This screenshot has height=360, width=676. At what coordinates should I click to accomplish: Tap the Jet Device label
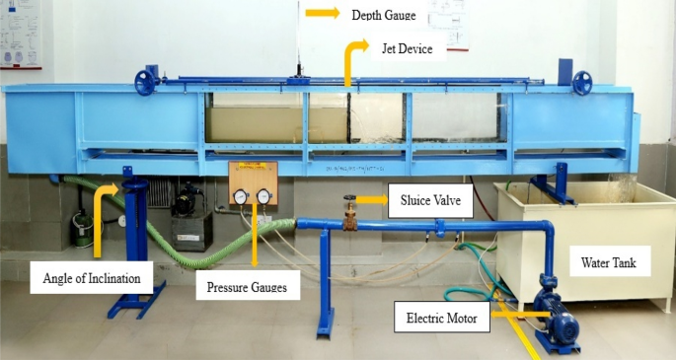tap(401, 46)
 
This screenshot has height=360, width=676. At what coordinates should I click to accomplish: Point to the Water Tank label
tap(609, 263)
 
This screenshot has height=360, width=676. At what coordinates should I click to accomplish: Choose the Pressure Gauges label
tap(247, 288)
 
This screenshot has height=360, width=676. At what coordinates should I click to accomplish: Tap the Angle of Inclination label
tap(92, 278)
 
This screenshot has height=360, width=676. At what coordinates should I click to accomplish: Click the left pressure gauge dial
tap(241, 196)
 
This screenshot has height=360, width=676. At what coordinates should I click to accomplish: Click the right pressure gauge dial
tap(263, 196)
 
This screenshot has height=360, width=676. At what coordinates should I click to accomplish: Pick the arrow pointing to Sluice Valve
tap(371, 200)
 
